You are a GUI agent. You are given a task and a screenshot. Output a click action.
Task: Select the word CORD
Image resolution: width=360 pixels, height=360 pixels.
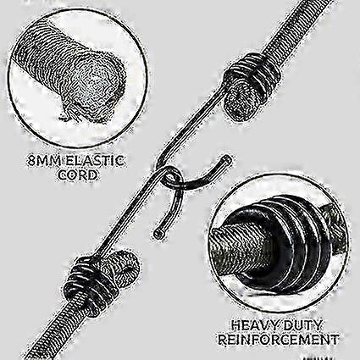(x=77, y=175)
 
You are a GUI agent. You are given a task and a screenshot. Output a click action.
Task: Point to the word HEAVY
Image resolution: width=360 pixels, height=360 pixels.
(x=254, y=325)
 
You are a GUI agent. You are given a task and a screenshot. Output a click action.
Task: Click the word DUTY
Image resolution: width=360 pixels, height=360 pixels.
(x=302, y=325)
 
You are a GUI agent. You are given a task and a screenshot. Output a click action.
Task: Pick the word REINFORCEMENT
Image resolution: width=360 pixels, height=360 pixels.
(x=279, y=339)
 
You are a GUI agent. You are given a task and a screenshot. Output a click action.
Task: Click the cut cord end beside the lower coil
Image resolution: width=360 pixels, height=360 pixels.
(x=125, y=265)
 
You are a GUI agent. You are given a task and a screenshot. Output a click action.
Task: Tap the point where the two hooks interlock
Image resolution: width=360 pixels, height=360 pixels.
(x=173, y=177)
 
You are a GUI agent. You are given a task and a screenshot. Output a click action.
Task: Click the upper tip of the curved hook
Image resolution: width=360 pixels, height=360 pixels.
(x=227, y=160)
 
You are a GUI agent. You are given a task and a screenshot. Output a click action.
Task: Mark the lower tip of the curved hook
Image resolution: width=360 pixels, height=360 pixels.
(x=159, y=234)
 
